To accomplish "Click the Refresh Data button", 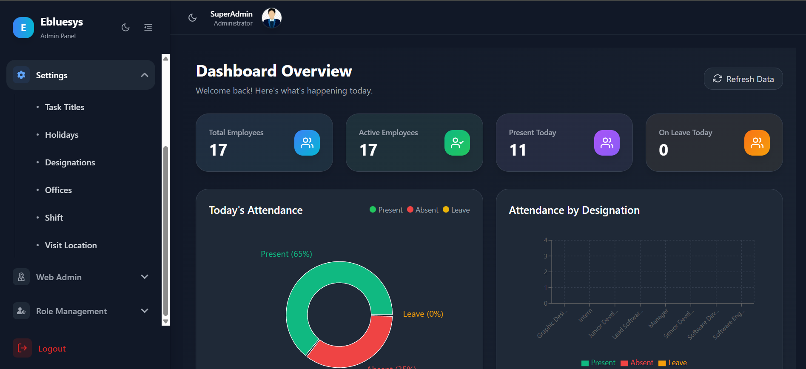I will coord(743,79).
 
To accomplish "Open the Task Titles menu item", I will coord(65,107).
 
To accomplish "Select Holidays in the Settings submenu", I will coord(62,135).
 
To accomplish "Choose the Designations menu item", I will coord(70,162).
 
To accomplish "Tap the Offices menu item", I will coord(58,190).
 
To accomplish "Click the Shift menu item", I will coord(54,218).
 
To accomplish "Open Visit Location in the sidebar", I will coord(71,245).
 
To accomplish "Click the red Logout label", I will coord(52,349).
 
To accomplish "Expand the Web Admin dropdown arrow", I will coord(145,277).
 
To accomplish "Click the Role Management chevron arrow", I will coord(145,311).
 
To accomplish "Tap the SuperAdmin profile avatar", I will coord(272,18).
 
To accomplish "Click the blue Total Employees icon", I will coord(307,143).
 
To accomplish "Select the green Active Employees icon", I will coord(457,143).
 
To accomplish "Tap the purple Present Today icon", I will coord(607,143).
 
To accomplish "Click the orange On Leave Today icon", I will coord(757,143).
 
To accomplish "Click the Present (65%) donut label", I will coord(286,254).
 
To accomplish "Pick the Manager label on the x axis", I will coord(658,319).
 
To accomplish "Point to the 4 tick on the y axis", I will coord(546,240).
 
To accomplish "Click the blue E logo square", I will coord(23,28).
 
